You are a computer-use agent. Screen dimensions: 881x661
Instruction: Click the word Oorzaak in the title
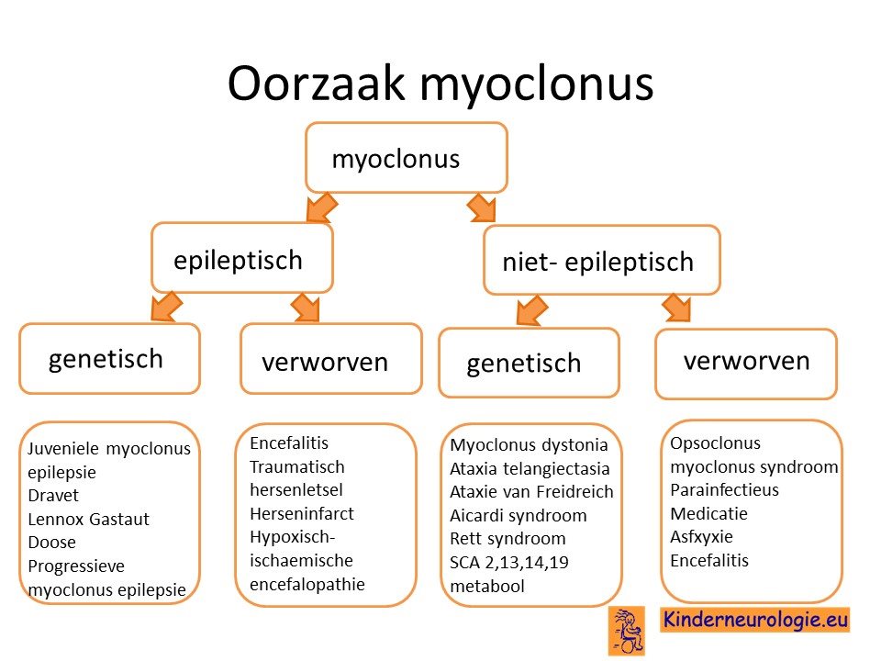click(316, 84)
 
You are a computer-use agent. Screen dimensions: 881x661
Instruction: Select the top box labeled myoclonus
click(407, 157)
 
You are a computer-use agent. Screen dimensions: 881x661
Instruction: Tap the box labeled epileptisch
click(242, 258)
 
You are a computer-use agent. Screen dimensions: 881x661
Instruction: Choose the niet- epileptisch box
click(602, 260)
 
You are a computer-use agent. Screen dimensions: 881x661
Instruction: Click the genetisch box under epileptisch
click(109, 359)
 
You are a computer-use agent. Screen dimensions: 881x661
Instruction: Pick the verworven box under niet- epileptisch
click(746, 364)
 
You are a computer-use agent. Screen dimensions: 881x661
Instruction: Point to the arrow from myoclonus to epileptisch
click(321, 207)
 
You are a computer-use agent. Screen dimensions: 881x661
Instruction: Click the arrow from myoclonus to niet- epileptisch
click(482, 207)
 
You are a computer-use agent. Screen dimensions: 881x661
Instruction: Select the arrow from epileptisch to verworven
click(306, 308)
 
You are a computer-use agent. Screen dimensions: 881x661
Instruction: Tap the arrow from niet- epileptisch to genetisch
click(531, 310)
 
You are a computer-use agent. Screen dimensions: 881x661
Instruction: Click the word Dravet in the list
click(53, 495)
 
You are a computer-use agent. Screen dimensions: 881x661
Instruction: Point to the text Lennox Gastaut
click(89, 519)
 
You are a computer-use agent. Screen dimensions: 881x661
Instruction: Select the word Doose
click(51, 543)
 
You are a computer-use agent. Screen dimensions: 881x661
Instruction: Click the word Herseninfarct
click(302, 513)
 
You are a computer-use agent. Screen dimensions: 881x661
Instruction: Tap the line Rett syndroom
click(507, 539)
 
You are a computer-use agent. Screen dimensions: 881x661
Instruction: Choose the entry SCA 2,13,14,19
click(509, 562)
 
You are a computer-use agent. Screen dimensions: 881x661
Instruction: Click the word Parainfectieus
click(724, 489)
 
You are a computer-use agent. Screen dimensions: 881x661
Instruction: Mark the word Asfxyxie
click(701, 537)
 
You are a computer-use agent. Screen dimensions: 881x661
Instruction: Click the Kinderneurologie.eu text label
click(755, 620)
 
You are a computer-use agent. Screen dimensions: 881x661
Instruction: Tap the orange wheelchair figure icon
click(627, 631)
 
